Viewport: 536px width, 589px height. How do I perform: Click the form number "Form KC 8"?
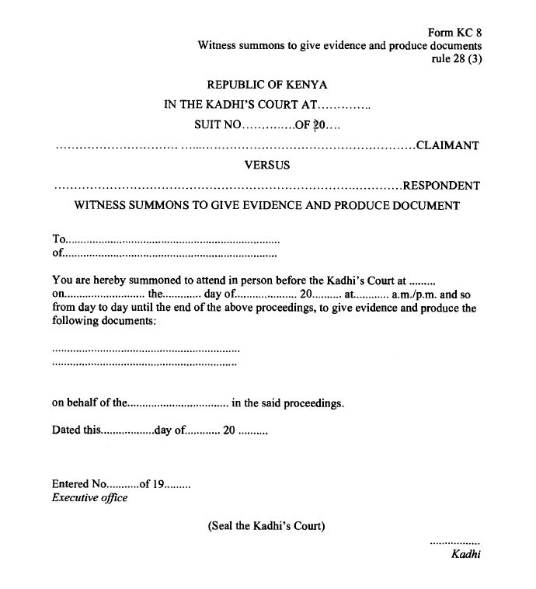click(454, 33)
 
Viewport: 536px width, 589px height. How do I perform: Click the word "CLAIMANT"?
click(448, 145)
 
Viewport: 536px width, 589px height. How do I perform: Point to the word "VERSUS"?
click(267, 165)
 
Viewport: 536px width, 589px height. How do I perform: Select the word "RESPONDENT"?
click(441, 186)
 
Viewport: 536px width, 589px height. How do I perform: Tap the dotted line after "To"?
click(172, 240)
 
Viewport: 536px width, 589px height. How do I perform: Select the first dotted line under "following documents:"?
click(146, 350)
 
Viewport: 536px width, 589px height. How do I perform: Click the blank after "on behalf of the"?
click(178, 404)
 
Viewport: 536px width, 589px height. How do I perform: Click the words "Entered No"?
click(78, 484)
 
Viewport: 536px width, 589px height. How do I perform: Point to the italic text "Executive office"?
click(89, 498)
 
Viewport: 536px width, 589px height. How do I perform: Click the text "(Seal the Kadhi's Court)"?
click(266, 526)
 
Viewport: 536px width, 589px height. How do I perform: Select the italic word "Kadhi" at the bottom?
click(465, 554)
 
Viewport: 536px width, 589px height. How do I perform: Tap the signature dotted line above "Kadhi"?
click(454, 541)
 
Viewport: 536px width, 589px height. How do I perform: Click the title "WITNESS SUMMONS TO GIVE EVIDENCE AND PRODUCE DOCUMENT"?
click(266, 206)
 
